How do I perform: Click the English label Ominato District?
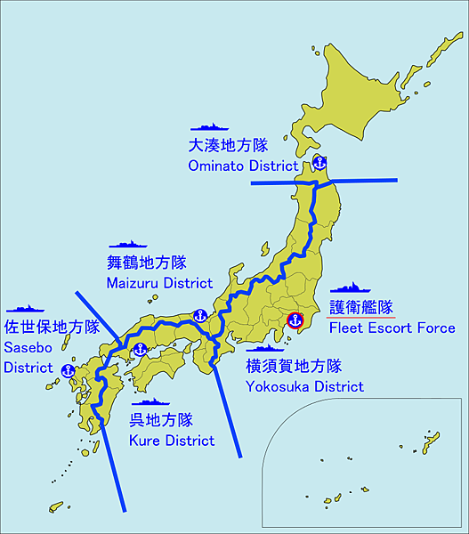(242, 166)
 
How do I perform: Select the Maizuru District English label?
(159, 283)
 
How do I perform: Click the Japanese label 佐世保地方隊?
(52, 326)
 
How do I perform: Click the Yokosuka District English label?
(304, 386)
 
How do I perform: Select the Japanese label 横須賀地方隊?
(294, 366)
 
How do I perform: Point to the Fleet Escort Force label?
(392, 328)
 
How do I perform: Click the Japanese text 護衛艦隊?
(360, 307)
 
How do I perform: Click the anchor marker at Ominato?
(319, 163)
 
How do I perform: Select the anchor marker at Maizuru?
(200, 315)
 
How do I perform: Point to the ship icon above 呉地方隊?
(149, 402)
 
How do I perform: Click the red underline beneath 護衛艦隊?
(360, 318)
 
